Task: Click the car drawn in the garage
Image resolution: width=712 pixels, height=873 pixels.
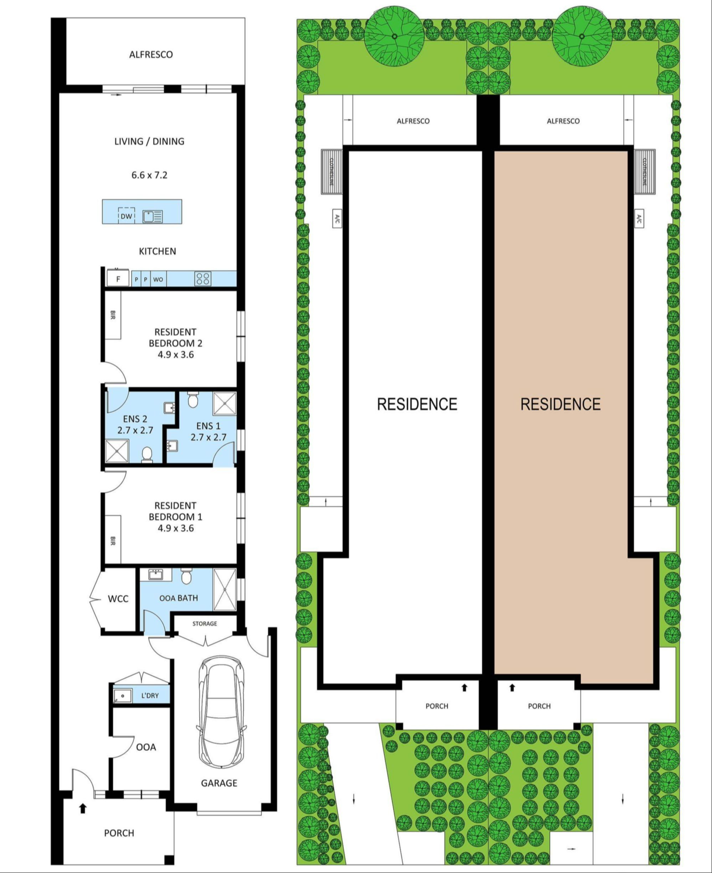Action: tap(222, 715)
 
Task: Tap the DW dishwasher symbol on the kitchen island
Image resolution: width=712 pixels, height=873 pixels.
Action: tap(127, 216)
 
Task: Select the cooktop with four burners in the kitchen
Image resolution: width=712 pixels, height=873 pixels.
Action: tap(203, 279)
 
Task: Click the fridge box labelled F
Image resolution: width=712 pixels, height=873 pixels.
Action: tap(118, 279)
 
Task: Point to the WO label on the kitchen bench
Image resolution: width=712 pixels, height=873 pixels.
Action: tap(158, 280)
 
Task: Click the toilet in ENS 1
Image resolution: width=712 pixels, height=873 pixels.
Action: tap(193, 399)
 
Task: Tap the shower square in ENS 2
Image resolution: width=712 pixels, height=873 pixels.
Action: tap(117, 451)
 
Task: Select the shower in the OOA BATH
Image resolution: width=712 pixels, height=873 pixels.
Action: tap(225, 589)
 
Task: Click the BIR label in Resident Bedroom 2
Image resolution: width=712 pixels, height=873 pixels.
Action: tap(113, 315)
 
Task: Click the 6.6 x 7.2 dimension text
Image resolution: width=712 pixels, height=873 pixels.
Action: tap(149, 175)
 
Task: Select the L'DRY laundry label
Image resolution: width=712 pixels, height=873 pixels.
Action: tap(150, 695)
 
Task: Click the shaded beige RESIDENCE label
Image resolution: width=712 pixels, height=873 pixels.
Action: tap(560, 404)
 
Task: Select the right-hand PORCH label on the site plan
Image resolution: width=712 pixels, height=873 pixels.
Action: tap(539, 706)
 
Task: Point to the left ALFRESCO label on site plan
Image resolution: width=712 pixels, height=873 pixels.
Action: tap(413, 121)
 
